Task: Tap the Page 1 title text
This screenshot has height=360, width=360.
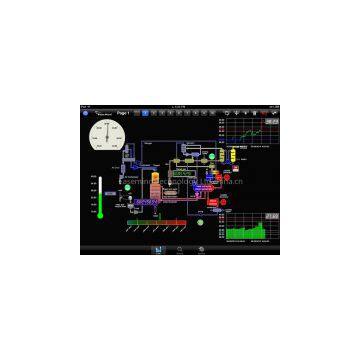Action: pos(124,113)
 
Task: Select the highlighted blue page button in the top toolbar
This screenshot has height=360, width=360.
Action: pos(144,113)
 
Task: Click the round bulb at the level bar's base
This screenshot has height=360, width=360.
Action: pos(100,215)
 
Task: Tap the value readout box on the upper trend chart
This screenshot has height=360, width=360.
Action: pos(271,121)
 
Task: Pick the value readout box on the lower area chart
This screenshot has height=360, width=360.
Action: pos(271,215)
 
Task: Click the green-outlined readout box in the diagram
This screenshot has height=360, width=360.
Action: pos(181,172)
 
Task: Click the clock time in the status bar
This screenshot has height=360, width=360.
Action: pos(180,106)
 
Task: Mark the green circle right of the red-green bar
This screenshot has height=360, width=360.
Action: pos(201,222)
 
